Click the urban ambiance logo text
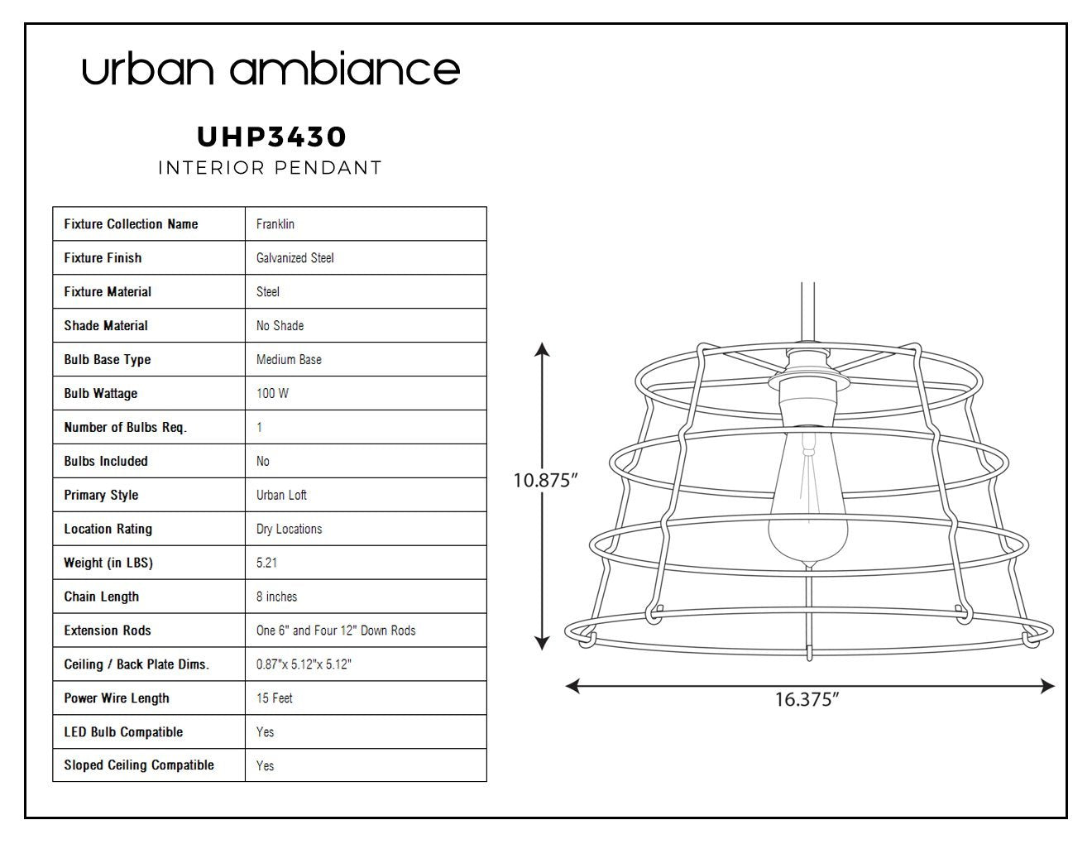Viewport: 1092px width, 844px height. [x=271, y=68]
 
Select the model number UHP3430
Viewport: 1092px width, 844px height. [x=271, y=137]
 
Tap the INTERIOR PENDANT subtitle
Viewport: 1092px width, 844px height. [x=270, y=168]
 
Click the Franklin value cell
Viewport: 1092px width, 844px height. [x=275, y=224]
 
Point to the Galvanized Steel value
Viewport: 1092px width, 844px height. [x=295, y=258]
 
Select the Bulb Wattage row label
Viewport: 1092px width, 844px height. [x=100, y=394]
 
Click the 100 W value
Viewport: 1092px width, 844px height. [x=272, y=394]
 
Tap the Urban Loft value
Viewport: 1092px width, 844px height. [x=281, y=495]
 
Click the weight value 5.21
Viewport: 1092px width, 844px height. [x=266, y=563]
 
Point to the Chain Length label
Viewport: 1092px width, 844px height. [x=101, y=597]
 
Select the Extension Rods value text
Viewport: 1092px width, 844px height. [x=336, y=631]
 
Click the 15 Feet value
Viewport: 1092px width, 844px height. [x=274, y=698]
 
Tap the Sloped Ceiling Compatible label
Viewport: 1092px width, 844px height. [x=139, y=765]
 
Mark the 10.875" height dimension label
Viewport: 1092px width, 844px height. [x=545, y=481]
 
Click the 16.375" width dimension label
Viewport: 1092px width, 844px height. [x=807, y=700]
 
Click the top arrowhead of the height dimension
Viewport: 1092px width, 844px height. [x=542, y=349]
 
